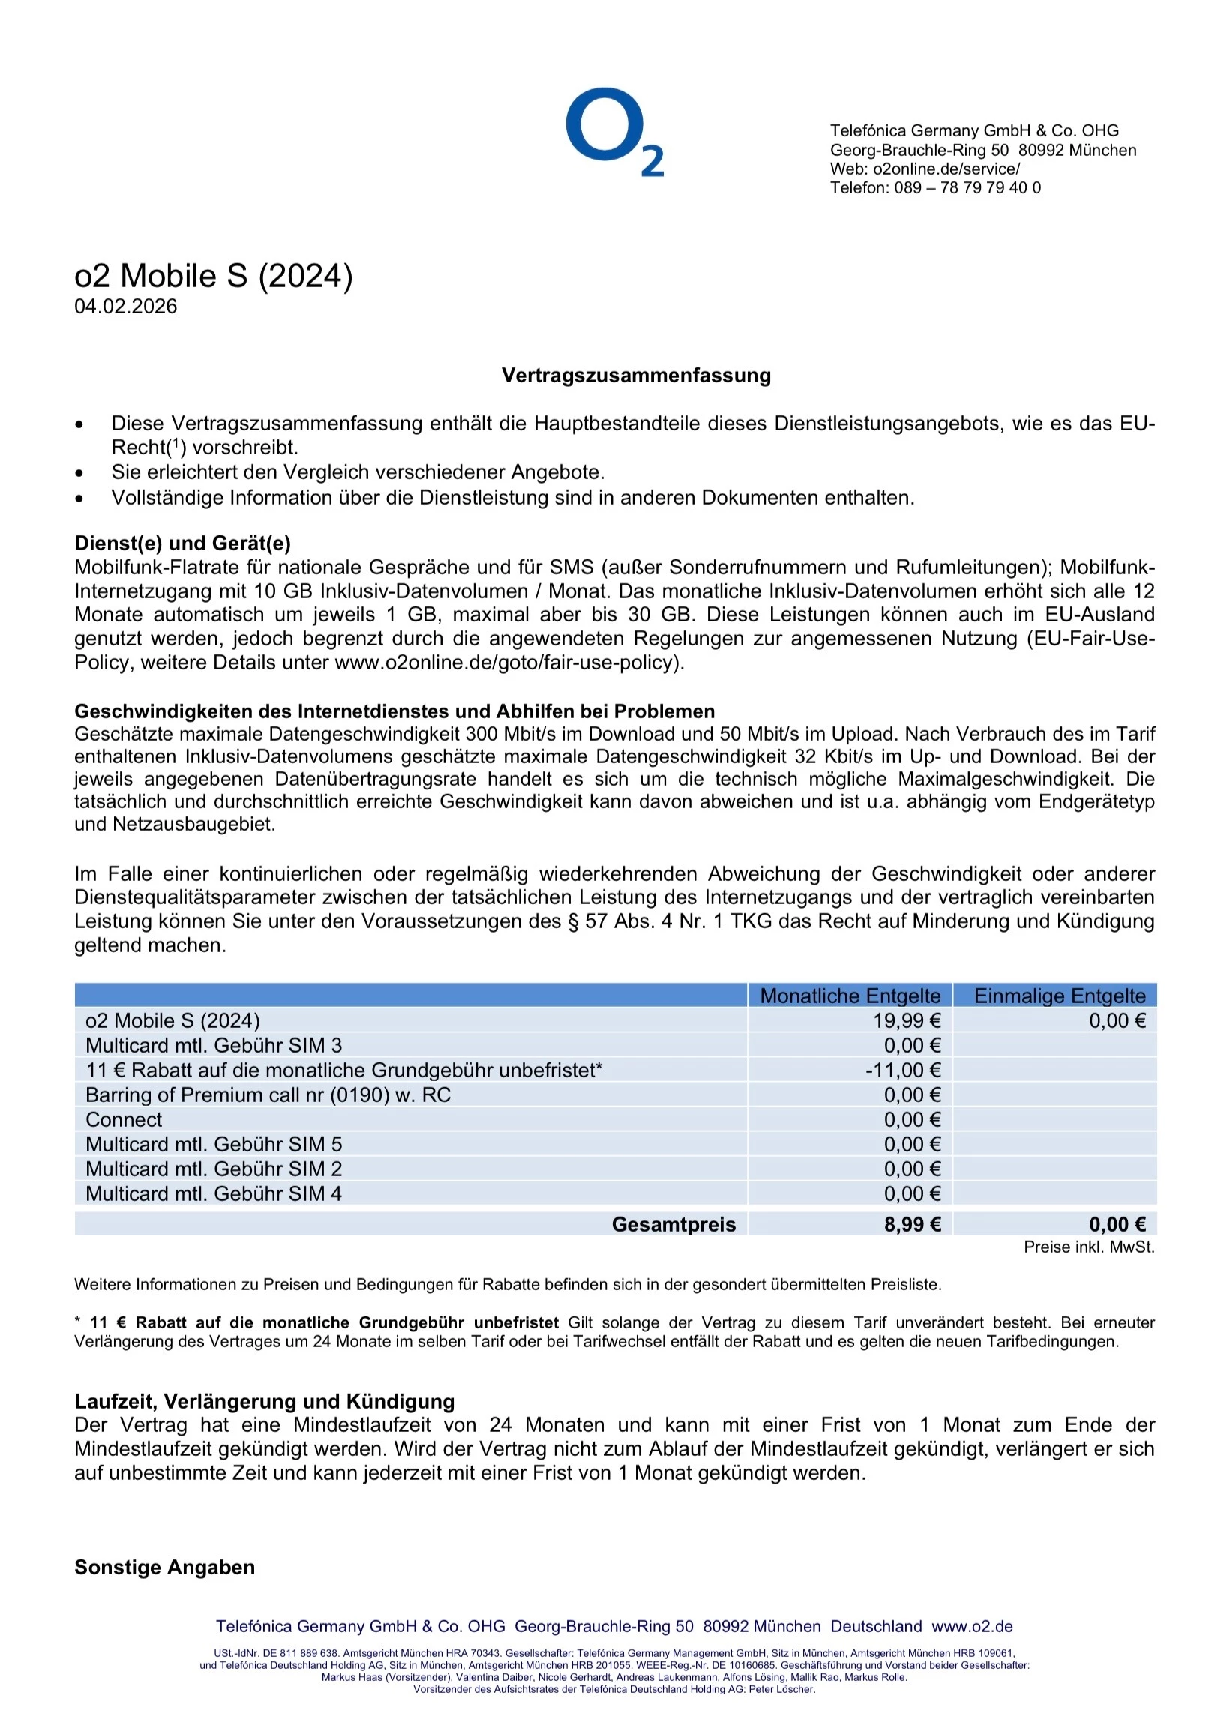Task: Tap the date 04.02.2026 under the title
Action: (125, 306)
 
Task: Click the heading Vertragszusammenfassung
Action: (636, 376)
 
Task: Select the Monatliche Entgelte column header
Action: (850, 996)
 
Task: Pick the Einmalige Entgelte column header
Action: (1059, 996)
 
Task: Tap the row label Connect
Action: (124, 1120)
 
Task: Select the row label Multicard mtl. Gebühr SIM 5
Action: (214, 1145)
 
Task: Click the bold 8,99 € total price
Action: (912, 1224)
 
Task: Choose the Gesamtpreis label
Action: (673, 1224)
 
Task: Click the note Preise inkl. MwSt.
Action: (1088, 1247)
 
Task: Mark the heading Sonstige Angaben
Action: (164, 1567)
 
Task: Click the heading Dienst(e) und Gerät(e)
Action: (182, 543)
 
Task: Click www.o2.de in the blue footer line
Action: (971, 1625)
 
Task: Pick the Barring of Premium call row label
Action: (268, 1095)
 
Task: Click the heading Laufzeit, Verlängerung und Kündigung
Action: (264, 1401)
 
